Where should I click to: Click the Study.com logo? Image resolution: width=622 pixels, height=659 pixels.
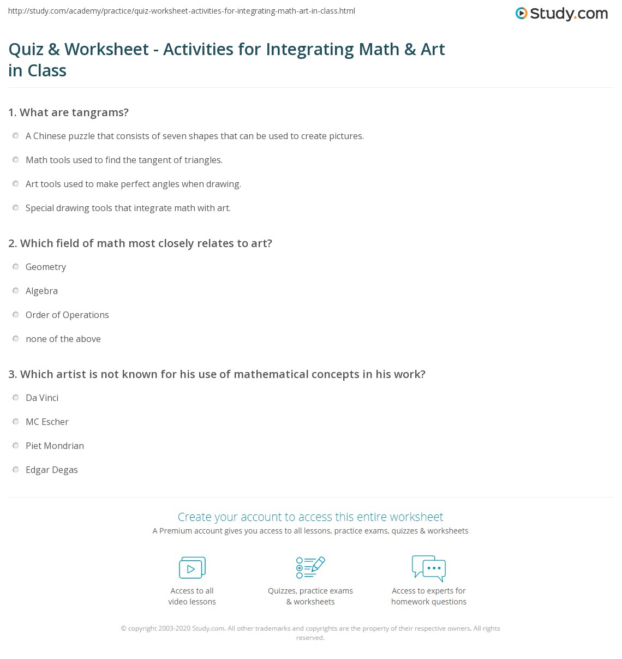(x=561, y=14)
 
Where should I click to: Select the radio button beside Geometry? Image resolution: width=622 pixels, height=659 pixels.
(x=16, y=267)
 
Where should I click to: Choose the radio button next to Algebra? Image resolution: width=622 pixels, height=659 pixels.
(x=16, y=291)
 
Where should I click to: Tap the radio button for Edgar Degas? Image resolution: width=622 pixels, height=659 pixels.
(x=16, y=470)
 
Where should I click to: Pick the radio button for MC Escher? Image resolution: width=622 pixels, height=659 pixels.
(x=16, y=422)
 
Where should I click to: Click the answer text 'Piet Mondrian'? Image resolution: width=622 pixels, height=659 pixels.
(x=55, y=446)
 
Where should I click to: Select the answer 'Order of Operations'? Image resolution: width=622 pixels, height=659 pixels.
(x=67, y=315)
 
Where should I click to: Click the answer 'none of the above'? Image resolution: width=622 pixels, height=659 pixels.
(x=63, y=339)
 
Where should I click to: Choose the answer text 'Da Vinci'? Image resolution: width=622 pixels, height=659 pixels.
(x=42, y=398)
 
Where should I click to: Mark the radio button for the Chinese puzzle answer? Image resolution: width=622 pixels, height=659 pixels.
(x=16, y=136)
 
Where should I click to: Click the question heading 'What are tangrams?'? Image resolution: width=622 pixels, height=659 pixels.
(x=74, y=112)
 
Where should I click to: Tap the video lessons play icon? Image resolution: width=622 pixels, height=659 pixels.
(x=192, y=568)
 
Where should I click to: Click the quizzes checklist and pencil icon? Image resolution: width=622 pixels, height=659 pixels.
(x=310, y=567)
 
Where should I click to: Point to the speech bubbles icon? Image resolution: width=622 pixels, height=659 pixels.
(x=429, y=568)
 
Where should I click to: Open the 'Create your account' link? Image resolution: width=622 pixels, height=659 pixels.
(x=310, y=517)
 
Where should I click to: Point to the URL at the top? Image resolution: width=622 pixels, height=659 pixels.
(x=182, y=11)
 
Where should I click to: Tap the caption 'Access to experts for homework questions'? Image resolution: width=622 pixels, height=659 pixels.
(x=429, y=596)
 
